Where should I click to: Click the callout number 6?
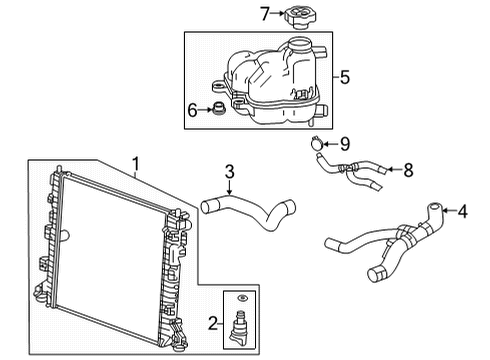[x=193, y=110]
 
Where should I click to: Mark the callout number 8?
[x=408, y=170]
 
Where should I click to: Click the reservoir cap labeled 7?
[x=301, y=17]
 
